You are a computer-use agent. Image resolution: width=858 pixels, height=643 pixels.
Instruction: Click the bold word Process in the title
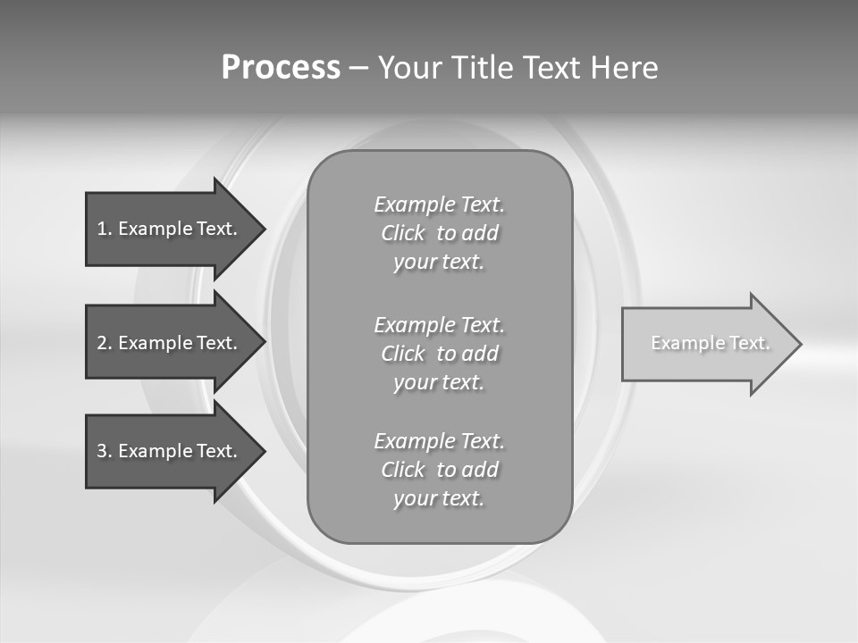(281, 68)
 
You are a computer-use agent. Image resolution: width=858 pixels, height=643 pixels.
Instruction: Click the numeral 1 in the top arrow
(102, 229)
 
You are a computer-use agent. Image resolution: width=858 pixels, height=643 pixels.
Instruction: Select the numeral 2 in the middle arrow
(102, 343)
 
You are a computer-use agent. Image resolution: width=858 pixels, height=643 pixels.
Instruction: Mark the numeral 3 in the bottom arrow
(102, 451)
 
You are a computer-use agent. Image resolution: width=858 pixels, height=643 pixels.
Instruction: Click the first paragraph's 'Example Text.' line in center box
(439, 205)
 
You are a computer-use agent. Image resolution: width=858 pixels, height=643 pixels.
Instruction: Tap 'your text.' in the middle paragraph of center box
(439, 382)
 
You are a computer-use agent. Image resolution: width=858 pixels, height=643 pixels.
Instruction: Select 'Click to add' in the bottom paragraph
(439, 470)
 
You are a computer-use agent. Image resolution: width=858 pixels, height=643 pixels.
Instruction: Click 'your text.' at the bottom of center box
(439, 498)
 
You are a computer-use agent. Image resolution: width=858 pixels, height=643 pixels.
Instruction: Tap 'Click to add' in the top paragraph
(439, 233)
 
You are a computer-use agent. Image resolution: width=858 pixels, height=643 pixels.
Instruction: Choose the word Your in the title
(409, 68)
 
